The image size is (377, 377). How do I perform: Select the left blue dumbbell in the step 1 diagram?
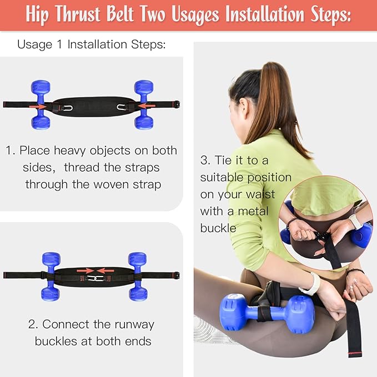pos(41,104)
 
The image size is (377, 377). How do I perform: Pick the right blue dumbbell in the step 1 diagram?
pos(144,104)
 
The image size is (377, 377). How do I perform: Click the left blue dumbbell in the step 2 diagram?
pos(51,275)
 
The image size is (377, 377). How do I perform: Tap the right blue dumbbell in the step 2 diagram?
pos(137,275)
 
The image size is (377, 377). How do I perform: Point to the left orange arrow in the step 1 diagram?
pos(38,105)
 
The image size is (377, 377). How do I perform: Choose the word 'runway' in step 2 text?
pos(132,324)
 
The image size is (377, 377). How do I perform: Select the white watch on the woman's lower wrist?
pos(310,284)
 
